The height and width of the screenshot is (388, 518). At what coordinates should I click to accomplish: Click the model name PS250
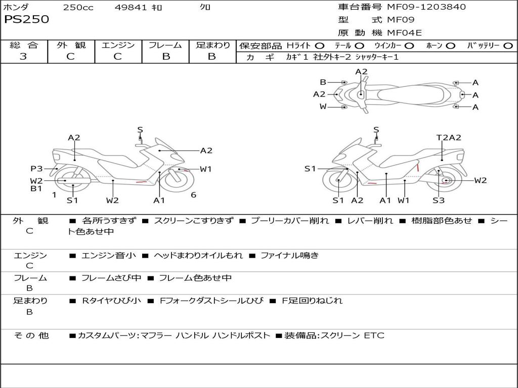point(27,20)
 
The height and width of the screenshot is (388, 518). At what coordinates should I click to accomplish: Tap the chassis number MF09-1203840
point(426,7)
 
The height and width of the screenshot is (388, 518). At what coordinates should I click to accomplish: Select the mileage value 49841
point(132,8)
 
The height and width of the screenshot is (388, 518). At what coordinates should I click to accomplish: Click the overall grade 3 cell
point(24,57)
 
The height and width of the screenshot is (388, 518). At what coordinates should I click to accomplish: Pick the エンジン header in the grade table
point(118,45)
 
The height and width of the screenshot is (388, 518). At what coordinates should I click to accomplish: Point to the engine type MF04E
point(404,33)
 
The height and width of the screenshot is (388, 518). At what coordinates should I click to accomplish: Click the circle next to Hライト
point(320,45)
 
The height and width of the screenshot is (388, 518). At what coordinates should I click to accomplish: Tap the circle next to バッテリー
point(508,45)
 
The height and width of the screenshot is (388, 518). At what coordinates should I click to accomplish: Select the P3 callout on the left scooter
point(36,169)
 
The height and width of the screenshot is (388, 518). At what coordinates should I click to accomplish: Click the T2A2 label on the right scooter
point(449,137)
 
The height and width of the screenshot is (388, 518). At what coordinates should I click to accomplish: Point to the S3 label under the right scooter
point(438,200)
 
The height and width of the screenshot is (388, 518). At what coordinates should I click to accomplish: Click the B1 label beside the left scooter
point(36,189)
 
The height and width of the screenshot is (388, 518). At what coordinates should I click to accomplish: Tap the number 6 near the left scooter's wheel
point(193,195)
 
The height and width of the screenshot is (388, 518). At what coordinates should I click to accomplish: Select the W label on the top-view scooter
point(323,107)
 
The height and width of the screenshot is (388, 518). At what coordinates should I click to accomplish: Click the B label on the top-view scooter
point(323,82)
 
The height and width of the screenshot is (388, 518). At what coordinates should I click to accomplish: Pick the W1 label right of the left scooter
point(205,169)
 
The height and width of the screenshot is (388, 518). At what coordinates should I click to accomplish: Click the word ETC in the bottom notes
point(374,335)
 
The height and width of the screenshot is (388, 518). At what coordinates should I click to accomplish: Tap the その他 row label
point(31,335)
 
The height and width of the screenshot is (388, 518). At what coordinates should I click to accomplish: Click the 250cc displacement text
point(78,8)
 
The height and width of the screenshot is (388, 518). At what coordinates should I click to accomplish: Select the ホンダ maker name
point(16,7)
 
